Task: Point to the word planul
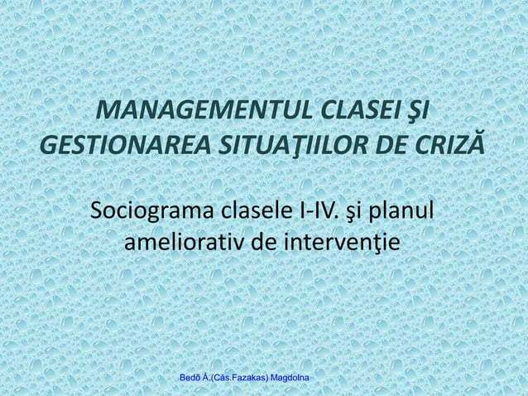coord(410,210)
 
